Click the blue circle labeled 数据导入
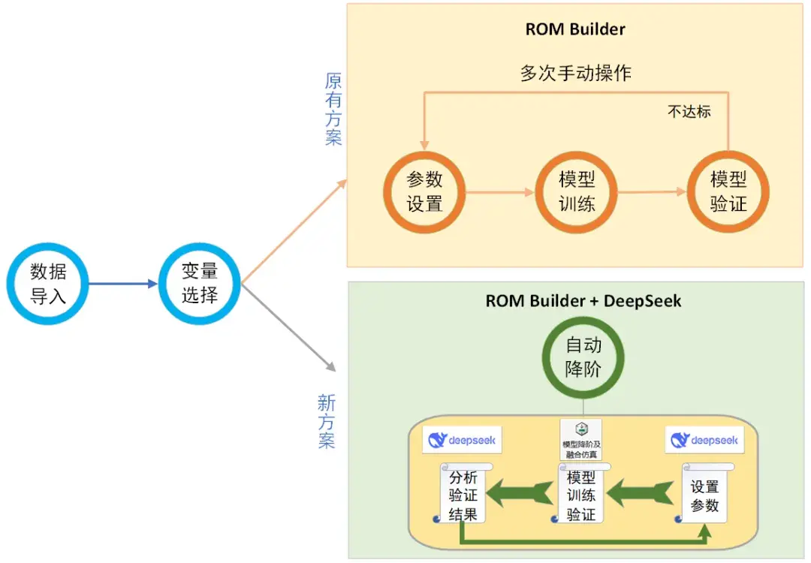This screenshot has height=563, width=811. pyautogui.click(x=48, y=284)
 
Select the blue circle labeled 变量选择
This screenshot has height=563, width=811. pyautogui.click(x=200, y=284)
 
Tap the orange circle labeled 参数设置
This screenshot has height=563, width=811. pyautogui.click(x=424, y=192)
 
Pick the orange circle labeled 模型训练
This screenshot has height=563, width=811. pyautogui.click(x=577, y=192)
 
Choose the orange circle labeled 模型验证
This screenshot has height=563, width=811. pyautogui.click(x=728, y=192)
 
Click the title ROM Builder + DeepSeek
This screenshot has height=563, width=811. pyautogui.click(x=583, y=301)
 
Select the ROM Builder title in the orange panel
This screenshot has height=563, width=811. pyautogui.click(x=575, y=30)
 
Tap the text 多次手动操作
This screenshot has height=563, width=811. pyautogui.click(x=575, y=73)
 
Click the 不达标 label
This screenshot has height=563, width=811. pyautogui.click(x=689, y=112)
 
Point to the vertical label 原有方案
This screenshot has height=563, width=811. pyautogui.click(x=333, y=109)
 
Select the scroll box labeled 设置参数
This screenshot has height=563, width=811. pyautogui.click(x=704, y=495)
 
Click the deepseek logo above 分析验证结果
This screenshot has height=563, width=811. pyautogui.click(x=462, y=441)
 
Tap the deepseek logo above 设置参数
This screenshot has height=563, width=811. pyautogui.click(x=704, y=441)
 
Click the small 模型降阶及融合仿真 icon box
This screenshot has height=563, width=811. pyautogui.click(x=581, y=439)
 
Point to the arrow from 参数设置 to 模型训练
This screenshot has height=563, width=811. pyautogui.click(x=499, y=192)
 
